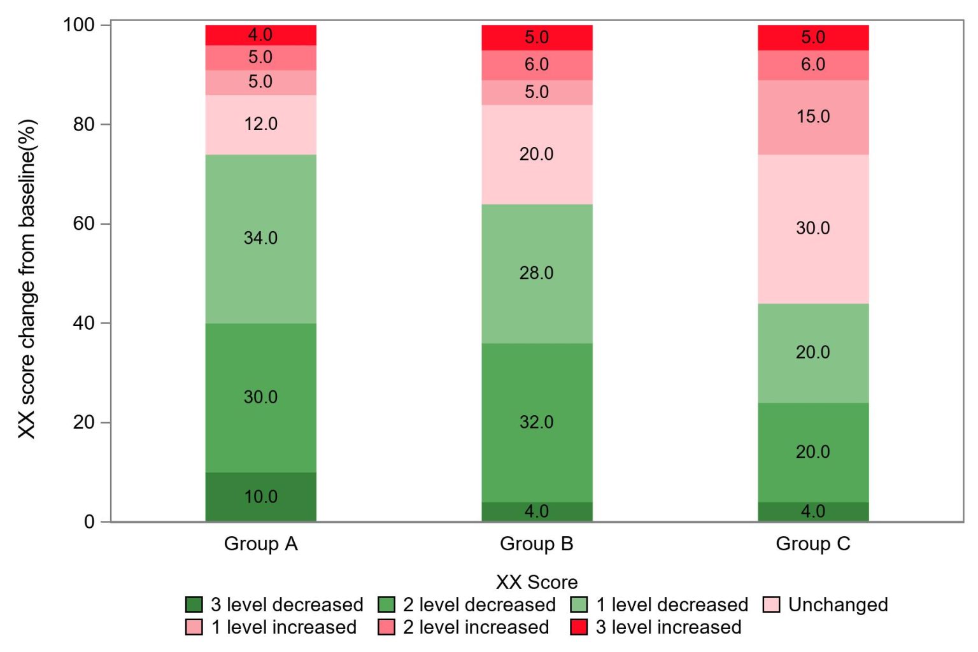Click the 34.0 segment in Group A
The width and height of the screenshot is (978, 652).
coord(260,238)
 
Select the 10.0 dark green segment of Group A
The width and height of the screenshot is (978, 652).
coord(260,497)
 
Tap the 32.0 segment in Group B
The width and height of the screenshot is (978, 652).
coord(537,422)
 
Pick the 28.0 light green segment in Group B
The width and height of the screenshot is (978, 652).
coord(537,273)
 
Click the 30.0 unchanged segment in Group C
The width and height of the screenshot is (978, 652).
coord(813,229)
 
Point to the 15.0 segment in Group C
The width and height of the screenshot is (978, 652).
coord(813,117)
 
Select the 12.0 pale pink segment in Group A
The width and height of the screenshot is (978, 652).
coord(260,124)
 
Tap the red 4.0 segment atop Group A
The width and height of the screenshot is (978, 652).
coord(260,35)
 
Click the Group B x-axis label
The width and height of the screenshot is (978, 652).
coord(537,544)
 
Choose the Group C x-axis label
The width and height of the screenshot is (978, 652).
coord(813,544)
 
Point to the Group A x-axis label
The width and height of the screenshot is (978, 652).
coord(260,544)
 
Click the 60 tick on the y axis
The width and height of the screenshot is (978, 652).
coord(83,223)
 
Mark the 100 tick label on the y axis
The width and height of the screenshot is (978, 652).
coord(78,25)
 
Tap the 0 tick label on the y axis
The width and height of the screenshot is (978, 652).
coord(89,522)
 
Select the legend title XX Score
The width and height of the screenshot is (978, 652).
coord(537,582)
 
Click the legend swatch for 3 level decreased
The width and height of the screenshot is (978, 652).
coord(194,604)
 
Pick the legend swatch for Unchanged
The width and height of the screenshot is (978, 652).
coord(771,604)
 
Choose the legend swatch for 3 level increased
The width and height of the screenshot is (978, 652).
coord(579,627)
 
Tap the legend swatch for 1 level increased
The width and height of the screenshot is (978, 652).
coord(194,627)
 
